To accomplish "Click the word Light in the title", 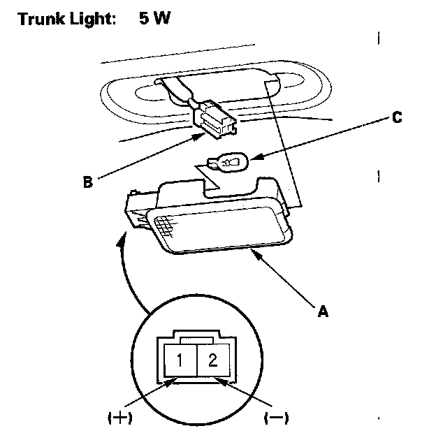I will (88, 19).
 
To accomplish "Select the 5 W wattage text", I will (154, 18).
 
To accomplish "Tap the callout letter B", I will (87, 183).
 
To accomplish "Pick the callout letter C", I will (396, 117).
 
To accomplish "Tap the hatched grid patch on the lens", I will (165, 226).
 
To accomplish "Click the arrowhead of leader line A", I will (259, 256).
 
